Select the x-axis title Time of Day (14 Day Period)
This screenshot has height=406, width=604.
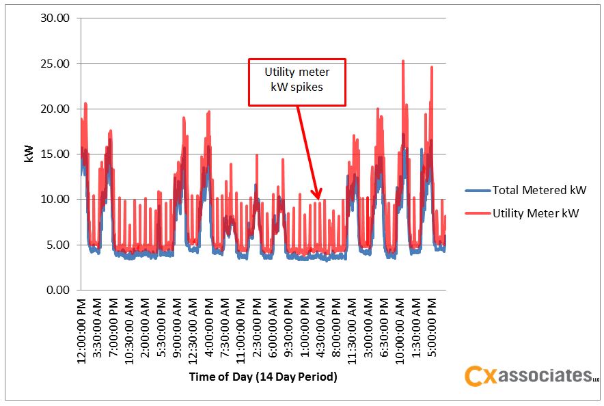(263, 377)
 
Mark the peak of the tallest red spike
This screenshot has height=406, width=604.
(403, 61)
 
